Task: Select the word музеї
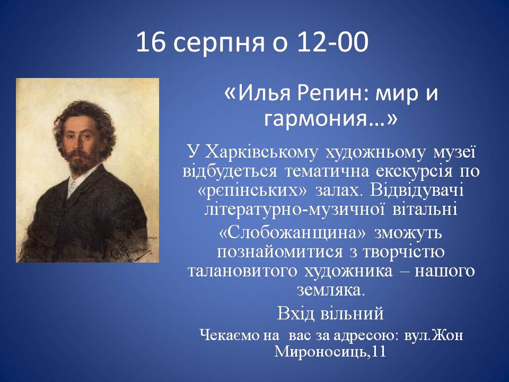point(454,152)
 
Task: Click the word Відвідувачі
point(417,190)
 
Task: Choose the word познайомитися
point(280,252)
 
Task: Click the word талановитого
point(242,271)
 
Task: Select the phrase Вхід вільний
point(330,314)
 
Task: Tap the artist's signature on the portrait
point(131,251)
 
